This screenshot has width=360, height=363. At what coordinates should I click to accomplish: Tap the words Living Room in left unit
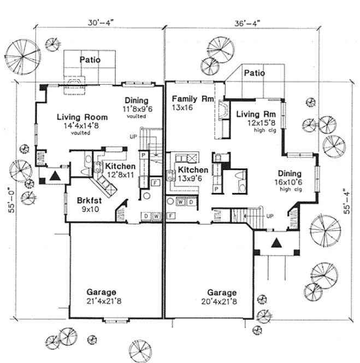[79, 117]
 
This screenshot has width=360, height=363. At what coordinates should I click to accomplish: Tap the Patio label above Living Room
[90, 60]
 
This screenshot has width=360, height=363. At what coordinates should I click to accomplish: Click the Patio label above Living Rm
[254, 73]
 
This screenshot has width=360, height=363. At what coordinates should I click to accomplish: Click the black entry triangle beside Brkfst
[55, 175]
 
